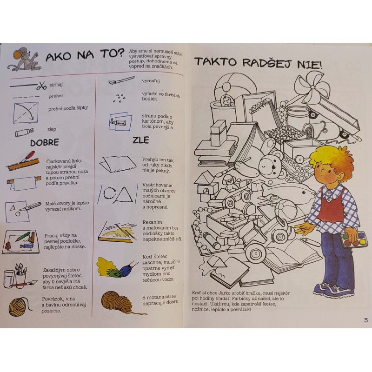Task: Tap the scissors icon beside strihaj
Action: tap(41, 86)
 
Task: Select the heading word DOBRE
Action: tap(44, 142)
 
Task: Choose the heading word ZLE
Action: tap(141, 140)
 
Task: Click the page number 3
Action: tap(365, 320)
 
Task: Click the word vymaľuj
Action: tap(151, 81)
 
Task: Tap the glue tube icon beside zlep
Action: tap(24, 132)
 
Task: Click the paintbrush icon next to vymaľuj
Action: tap(121, 80)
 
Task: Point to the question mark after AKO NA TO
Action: tap(121, 53)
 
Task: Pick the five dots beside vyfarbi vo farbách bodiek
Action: tap(120, 98)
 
